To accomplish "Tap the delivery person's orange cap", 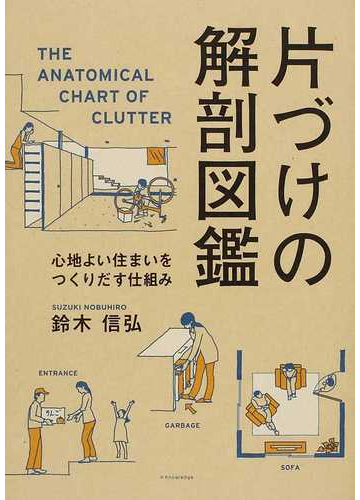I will click(x=41, y=393).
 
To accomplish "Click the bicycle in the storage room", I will click(x=142, y=194).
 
